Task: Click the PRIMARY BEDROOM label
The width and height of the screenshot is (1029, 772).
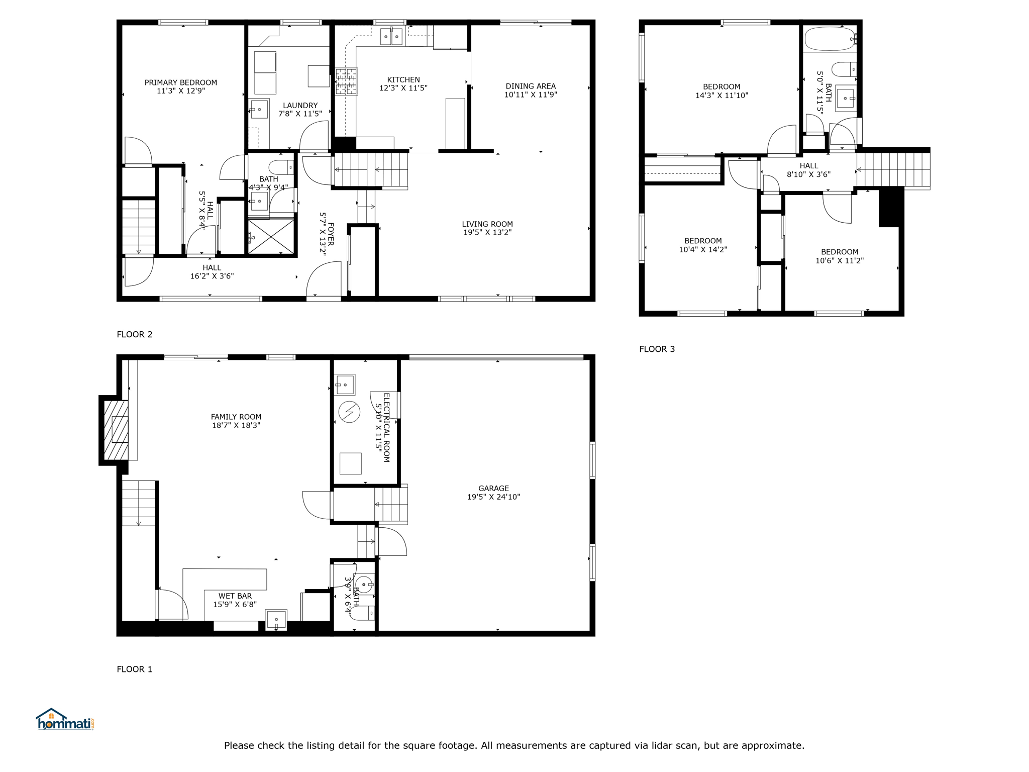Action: pyautogui.click(x=181, y=82)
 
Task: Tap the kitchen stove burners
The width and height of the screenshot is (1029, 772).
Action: pyautogui.click(x=347, y=81)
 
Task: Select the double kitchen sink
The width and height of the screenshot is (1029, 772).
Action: pyautogui.click(x=391, y=36)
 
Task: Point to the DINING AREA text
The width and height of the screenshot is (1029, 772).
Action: pyautogui.click(x=531, y=86)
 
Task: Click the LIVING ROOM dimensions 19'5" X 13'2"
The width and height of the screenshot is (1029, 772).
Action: pyautogui.click(x=487, y=232)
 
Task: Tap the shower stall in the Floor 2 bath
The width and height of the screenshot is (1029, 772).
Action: pyautogui.click(x=271, y=236)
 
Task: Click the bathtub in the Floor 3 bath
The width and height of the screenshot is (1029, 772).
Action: pyautogui.click(x=830, y=39)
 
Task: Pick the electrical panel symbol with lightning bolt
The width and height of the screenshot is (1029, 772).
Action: pyautogui.click(x=349, y=412)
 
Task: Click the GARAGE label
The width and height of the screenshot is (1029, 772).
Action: pyautogui.click(x=493, y=488)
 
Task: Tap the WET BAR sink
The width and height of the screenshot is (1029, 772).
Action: pyautogui.click(x=276, y=620)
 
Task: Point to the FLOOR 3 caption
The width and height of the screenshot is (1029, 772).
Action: pyautogui.click(x=657, y=349)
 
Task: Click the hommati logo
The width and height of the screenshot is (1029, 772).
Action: pyautogui.click(x=65, y=719)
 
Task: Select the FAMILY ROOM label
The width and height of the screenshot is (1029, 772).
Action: pyautogui.click(x=236, y=417)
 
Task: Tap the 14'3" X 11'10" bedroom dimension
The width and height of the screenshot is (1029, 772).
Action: pyautogui.click(x=722, y=95)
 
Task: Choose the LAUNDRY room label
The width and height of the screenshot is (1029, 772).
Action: pyautogui.click(x=300, y=106)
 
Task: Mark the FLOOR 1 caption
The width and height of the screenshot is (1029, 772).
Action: pyautogui.click(x=135, y=669)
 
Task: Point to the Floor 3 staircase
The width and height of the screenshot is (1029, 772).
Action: pyautogui.click(x=893, y=170)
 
